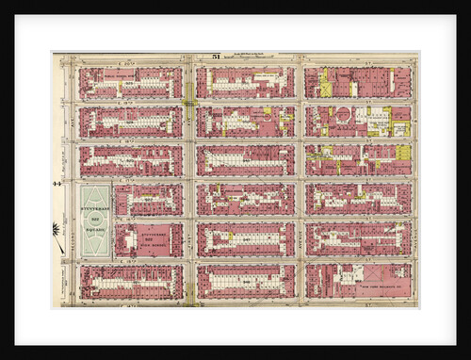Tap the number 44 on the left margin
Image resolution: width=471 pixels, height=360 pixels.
(57, 183)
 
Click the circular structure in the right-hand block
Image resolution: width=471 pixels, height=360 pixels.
(344, 114)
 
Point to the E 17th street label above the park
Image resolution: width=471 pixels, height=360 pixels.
(132, 180)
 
